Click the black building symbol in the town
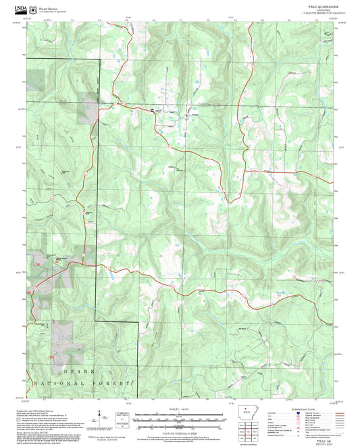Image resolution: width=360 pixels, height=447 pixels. pyautogui.click(x=153, y=110)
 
